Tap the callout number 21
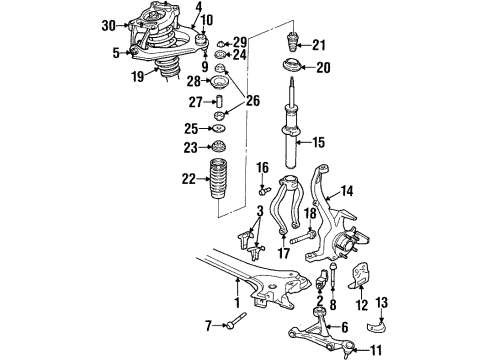coord(318,45)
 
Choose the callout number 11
coord(376,351)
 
